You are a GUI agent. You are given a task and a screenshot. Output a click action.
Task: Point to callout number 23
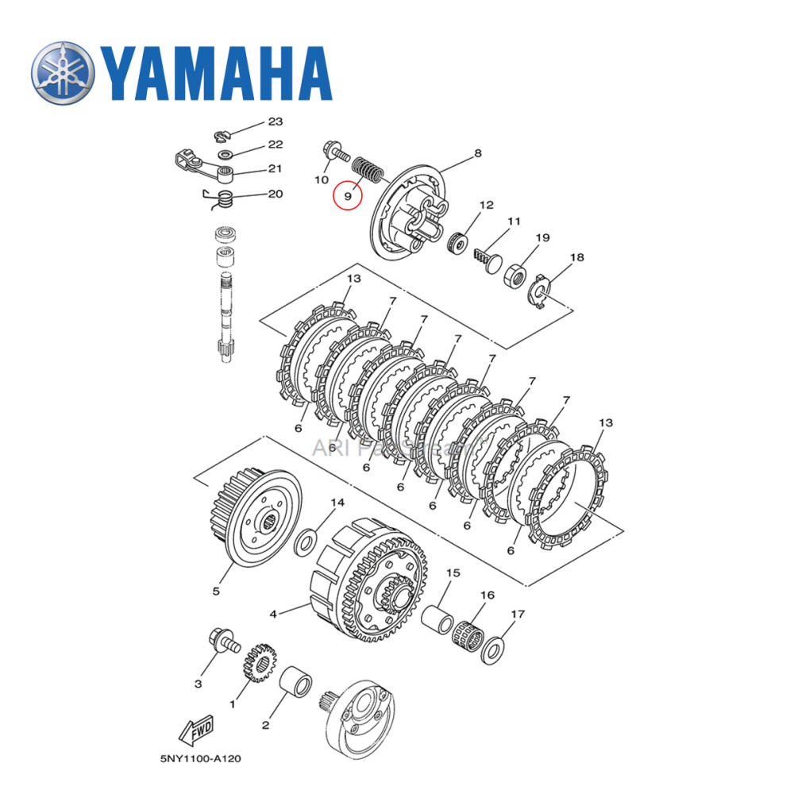tap(275, 121)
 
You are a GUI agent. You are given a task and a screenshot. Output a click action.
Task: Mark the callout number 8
tap(478, 154)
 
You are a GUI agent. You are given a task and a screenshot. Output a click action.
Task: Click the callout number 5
tap(215, 591)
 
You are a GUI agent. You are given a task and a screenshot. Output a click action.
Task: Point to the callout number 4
tap(274, 613)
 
